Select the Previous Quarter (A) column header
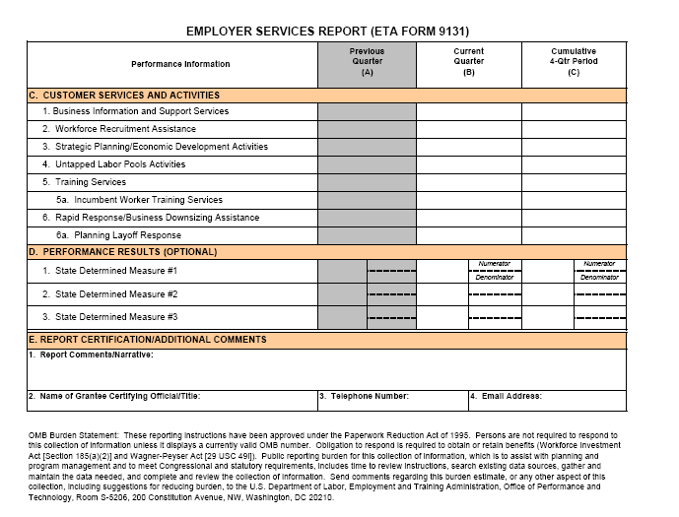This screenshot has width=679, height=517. point(367,62)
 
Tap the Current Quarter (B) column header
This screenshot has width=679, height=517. point(469,62)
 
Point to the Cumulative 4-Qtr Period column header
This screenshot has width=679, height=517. point(574,62)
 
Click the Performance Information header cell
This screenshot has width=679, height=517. point(180,64)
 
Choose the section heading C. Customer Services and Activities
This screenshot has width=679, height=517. point(124,96)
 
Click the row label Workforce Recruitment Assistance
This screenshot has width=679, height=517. point(125,129)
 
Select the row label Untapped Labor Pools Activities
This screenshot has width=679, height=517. point(120,164)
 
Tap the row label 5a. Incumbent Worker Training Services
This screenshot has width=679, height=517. point(139,200)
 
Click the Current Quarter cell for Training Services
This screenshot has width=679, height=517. point(469,182)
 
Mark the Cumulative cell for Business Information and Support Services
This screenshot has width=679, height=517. point(574,111)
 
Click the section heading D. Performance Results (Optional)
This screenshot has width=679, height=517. point(122,252)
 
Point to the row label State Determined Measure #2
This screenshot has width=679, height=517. point(116,293)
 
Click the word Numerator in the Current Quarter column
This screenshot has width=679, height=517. point(494,264)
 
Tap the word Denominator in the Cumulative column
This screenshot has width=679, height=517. point(599,278)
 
